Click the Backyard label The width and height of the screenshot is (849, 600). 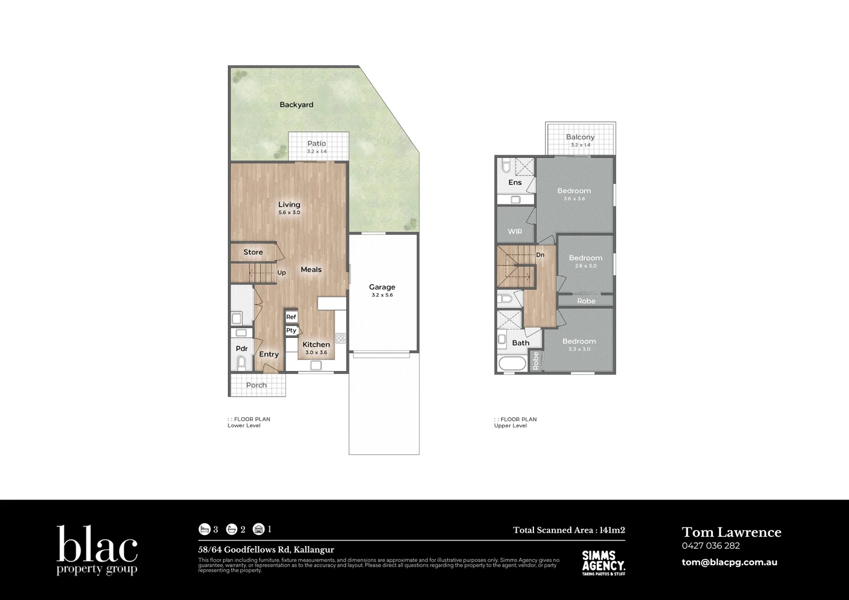pos(296,104)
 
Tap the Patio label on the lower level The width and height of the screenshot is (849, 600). pos(317,143)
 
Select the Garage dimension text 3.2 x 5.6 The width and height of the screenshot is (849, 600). pos(382,295)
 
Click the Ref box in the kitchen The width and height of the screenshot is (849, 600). pos(291,317)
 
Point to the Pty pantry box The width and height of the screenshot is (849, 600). pos(291,330)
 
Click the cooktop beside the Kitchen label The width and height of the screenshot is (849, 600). pos(340,338)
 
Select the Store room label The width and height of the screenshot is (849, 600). pos(253,252)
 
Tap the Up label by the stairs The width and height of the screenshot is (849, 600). pos(282,273)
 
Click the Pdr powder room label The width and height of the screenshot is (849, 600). pos(242,349)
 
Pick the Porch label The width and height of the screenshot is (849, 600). pos(256,385)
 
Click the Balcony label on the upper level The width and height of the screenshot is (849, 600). pos(580,137)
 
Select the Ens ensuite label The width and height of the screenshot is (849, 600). pos(515,182)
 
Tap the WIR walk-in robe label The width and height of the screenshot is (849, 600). pos(515,232)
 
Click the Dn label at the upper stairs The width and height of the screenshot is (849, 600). pos(540,255)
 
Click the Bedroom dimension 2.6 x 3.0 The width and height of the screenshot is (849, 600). pos(586,266)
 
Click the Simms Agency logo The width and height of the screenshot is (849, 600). pos(603,563)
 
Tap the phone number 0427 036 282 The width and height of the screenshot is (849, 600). pos(711,546)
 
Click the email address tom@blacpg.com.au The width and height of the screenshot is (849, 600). pos(730,562)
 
